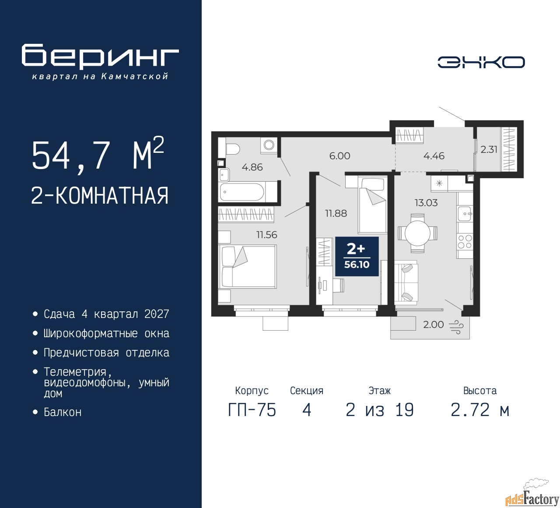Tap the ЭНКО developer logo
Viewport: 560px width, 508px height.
pos(481,62)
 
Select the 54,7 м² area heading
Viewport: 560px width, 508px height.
pos(98,155)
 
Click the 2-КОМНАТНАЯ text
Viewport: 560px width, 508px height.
pos(100,196)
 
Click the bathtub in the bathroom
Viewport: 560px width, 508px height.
pos(242,191)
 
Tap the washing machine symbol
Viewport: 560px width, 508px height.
pos(269,145)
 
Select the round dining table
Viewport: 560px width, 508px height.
pos(417,233)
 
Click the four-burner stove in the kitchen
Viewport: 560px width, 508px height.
pos(465,242)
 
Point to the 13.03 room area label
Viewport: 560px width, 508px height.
pos(426,203)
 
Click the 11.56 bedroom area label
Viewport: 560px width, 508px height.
pos(266,235)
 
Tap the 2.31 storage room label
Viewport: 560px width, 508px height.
pos(489,149)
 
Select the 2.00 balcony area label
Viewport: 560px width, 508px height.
pos(433,325)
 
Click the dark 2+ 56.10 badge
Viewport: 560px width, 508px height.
pos(357,256)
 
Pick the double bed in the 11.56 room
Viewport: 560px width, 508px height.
pos(247,267)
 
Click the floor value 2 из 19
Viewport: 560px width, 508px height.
pos(379,410)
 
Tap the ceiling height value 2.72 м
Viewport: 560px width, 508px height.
pos(480,410)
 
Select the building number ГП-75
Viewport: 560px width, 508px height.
pos(252,410)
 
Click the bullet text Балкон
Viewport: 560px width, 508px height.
pos(63,412)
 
